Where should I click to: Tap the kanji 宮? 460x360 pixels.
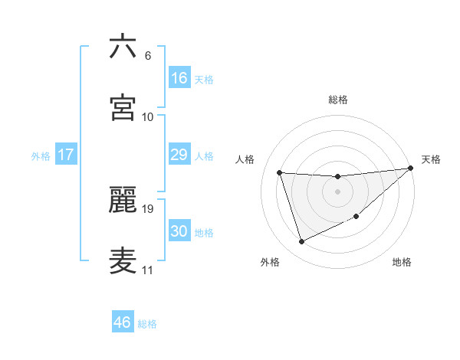click(123, 107)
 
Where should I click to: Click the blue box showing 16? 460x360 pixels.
click(179, 78)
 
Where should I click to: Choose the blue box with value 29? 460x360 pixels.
click(179, 155)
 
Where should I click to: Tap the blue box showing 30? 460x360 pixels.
click(179, 231)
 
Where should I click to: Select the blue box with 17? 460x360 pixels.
click(66, 155)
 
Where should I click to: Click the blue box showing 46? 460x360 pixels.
click(123, 322)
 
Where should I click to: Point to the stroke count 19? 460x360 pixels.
click(148, 208)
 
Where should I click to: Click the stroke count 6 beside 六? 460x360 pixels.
click(148, 55)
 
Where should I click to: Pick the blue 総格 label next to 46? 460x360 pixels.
click(147, 324)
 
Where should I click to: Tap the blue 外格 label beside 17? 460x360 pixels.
click(41, 156)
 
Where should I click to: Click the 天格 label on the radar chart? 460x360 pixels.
click(431, 159)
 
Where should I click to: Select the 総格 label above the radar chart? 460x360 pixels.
click(338, 100)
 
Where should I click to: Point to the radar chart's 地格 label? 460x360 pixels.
click(402, 263)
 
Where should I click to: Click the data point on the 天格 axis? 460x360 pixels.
click(410, 168)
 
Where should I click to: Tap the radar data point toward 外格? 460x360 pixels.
click(301, 242)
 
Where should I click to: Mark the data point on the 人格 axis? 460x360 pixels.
click(280, 172)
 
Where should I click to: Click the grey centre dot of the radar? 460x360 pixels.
click(337, 191)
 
